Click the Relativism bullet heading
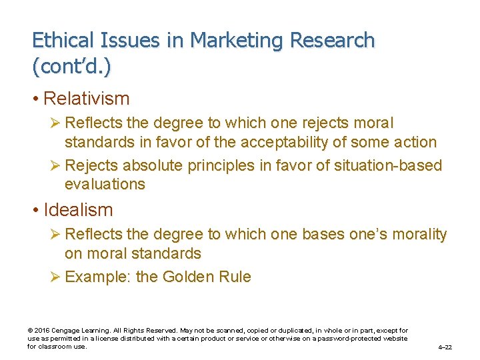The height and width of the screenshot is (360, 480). tap(86, 99)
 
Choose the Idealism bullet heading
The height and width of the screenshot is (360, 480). tap(78, 210)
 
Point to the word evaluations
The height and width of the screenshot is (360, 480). tap(105, 184)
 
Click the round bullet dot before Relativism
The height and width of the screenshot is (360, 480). tap(36, 99)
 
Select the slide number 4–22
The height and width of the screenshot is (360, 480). tap(445, 347)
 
